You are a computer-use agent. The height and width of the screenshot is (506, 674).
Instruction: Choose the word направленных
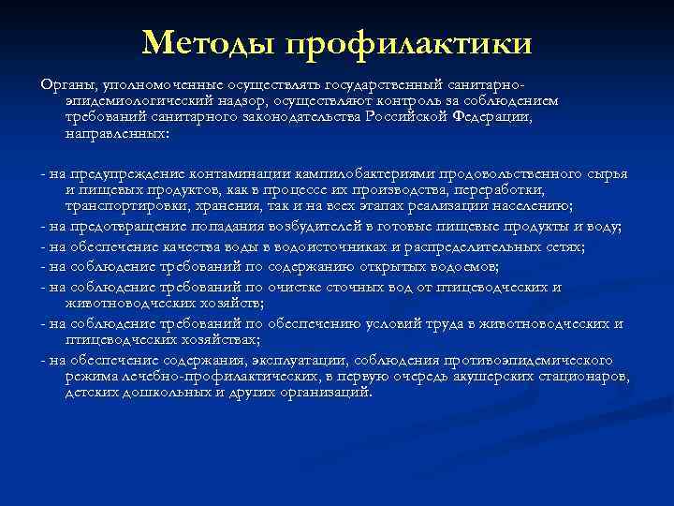(x=116, y=134)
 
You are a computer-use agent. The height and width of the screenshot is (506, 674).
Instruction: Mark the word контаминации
(x=239, y=175)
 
